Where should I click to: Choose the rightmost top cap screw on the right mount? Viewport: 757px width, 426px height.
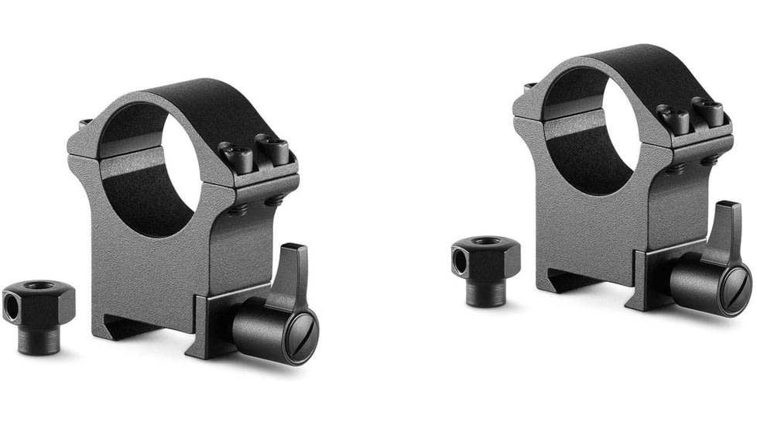pyautogui.click(x=708, y=109)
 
